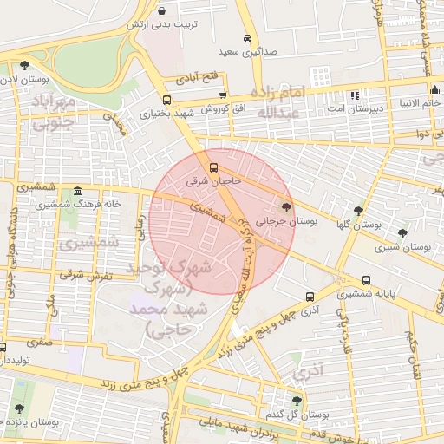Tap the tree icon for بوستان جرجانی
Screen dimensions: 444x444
click(x=287, y=206)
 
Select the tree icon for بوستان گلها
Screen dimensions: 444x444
click(x=358, y=211)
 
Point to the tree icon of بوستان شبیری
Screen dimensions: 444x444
click(x=402, y=232)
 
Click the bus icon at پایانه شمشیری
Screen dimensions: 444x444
click(x=367, y=280)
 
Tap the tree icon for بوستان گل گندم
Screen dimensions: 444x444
click(x=297, y=400)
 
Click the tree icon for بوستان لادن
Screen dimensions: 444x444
click(x=24, y=65)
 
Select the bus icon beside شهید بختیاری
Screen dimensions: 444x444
click(x=166, y=99)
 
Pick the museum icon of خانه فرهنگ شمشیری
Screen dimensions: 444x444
click(x=77, y=192)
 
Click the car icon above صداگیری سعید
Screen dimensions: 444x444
click(x=248, y=39)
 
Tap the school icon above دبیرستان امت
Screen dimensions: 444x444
click(x=353, y=95)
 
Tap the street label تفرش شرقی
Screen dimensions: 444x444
click(x=82, y=274)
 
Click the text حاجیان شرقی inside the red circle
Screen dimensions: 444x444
click(x=212, y=183)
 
